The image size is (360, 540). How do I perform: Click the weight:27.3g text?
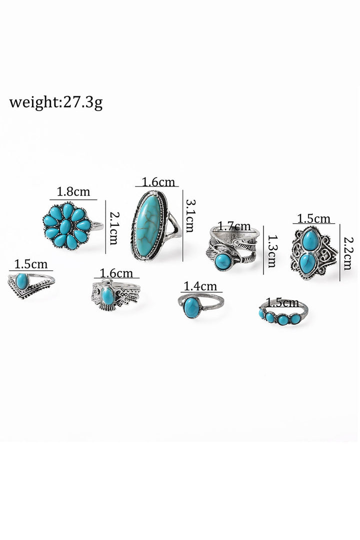point(55,103)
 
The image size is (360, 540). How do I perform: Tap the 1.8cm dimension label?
point(73,191)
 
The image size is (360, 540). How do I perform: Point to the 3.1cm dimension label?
point(190,216)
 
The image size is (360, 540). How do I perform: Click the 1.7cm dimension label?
point(234,227)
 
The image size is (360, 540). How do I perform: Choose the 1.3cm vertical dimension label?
point(271,252)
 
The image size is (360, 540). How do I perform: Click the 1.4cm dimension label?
point(200,286)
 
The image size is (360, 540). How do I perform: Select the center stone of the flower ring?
point(66,227)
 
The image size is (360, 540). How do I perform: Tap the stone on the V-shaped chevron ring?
point(22,281)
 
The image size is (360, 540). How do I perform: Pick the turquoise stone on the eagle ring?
point(108,296)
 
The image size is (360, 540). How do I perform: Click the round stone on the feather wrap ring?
point(223,261)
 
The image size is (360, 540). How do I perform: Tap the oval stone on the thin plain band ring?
point(191,307)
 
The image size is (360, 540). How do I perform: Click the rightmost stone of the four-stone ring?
point(295,318)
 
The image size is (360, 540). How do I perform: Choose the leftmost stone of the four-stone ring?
point(262,313)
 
